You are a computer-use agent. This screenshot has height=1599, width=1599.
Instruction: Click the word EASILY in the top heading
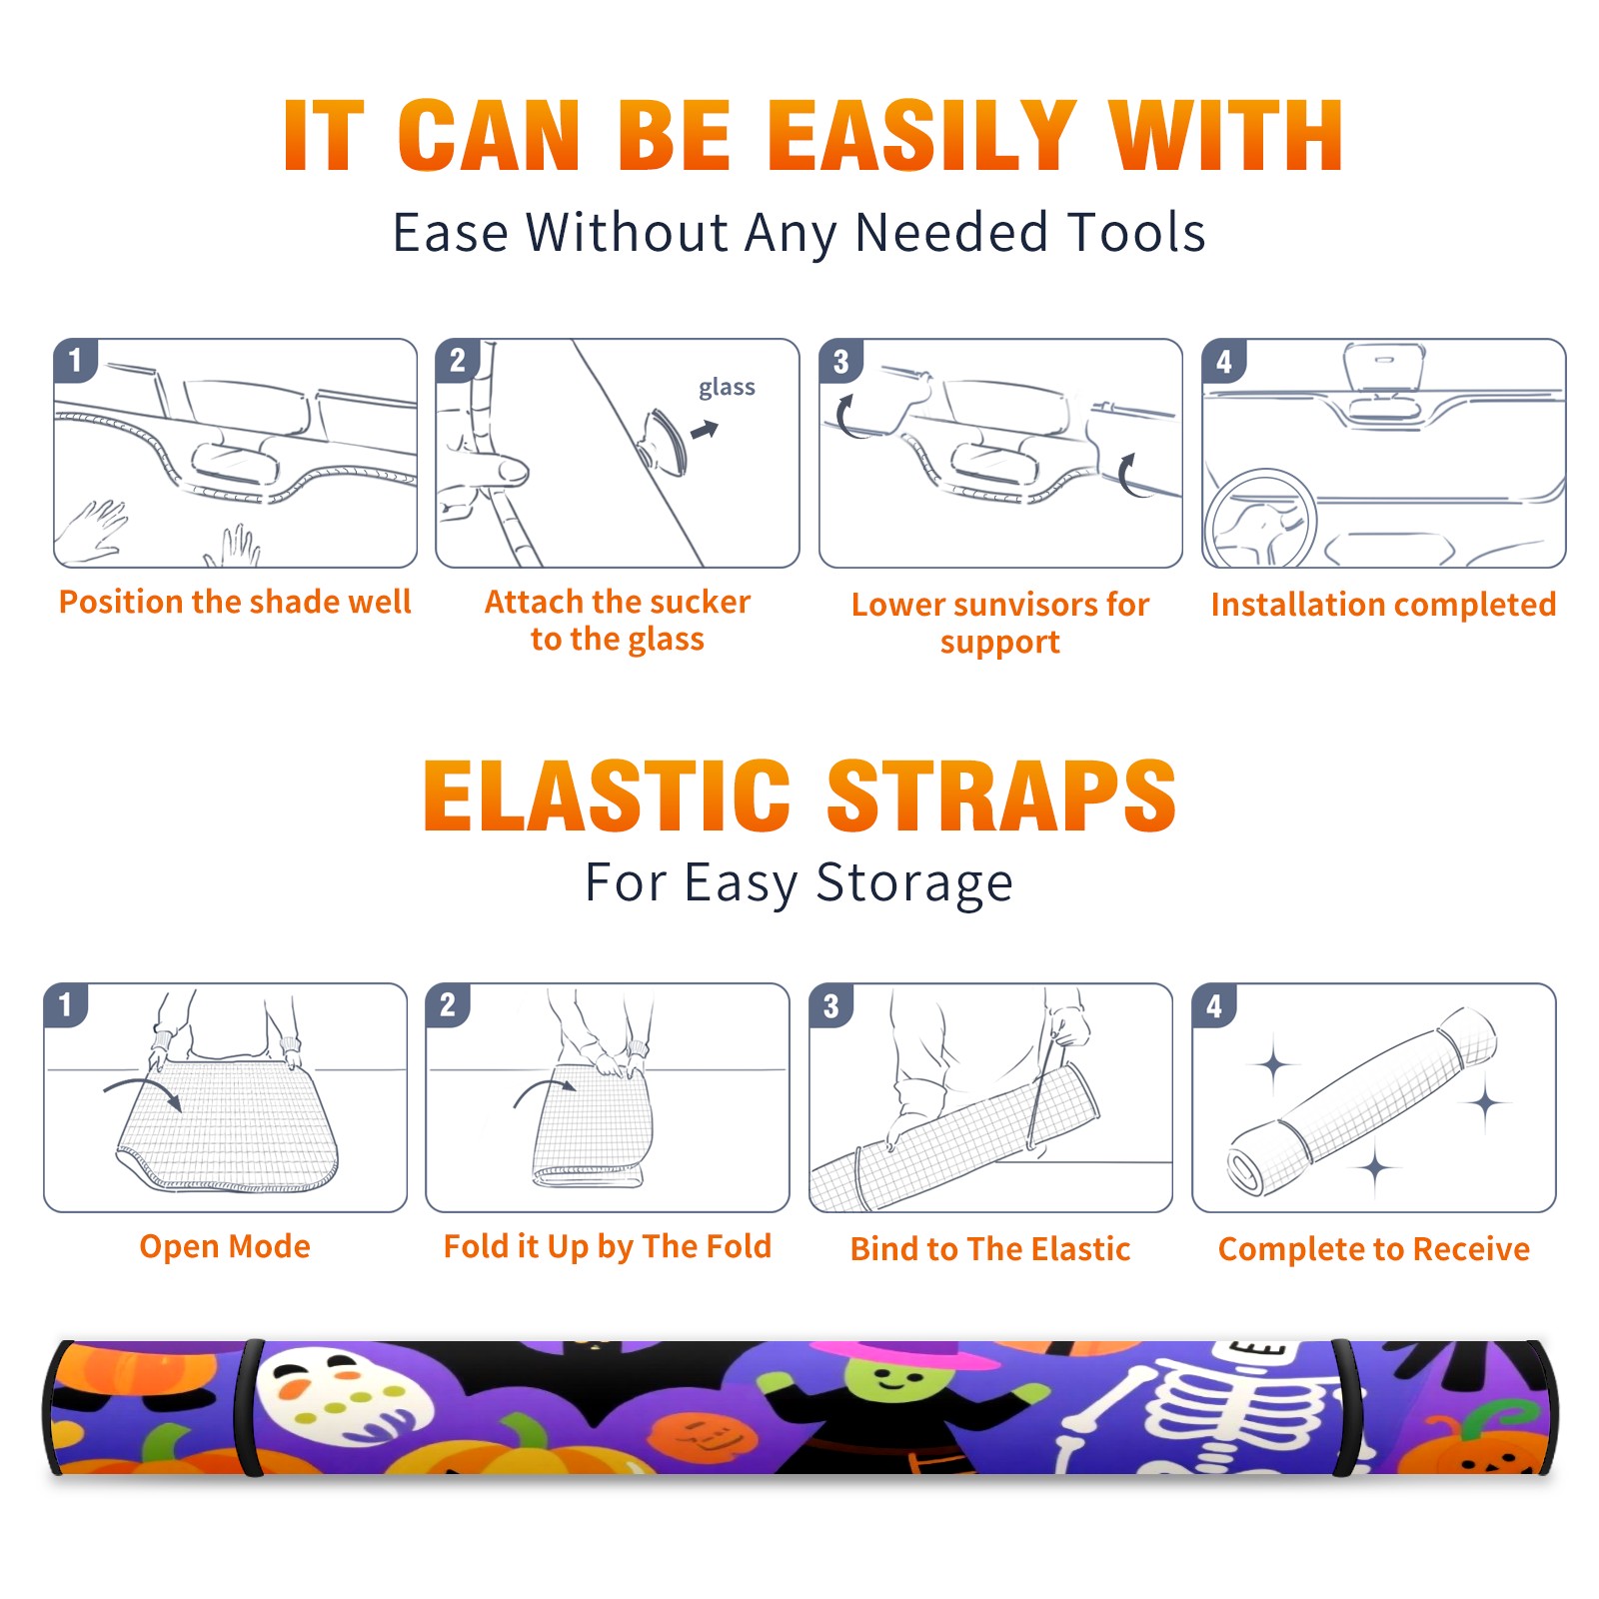921,136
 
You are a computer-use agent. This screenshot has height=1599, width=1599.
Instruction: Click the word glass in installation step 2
727,388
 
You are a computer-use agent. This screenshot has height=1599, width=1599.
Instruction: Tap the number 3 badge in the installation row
840,361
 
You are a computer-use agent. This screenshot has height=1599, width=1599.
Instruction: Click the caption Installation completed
1383,605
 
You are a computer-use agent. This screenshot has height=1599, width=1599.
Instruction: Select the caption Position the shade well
235,602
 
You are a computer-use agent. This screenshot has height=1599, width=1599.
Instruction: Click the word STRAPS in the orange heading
1001,796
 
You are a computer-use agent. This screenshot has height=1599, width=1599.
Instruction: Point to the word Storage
914,883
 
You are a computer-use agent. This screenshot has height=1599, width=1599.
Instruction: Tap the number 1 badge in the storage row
66,1004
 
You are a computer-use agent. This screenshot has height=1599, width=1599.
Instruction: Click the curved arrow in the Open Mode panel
143,1091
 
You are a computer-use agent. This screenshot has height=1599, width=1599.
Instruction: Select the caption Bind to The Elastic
989,1249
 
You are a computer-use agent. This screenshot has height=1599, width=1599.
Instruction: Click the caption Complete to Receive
1373,1249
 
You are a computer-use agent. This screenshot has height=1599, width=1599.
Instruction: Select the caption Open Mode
225,1246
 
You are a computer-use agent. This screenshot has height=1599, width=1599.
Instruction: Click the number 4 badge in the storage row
1214,1005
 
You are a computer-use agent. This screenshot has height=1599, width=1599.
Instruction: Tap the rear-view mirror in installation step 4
1384,367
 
